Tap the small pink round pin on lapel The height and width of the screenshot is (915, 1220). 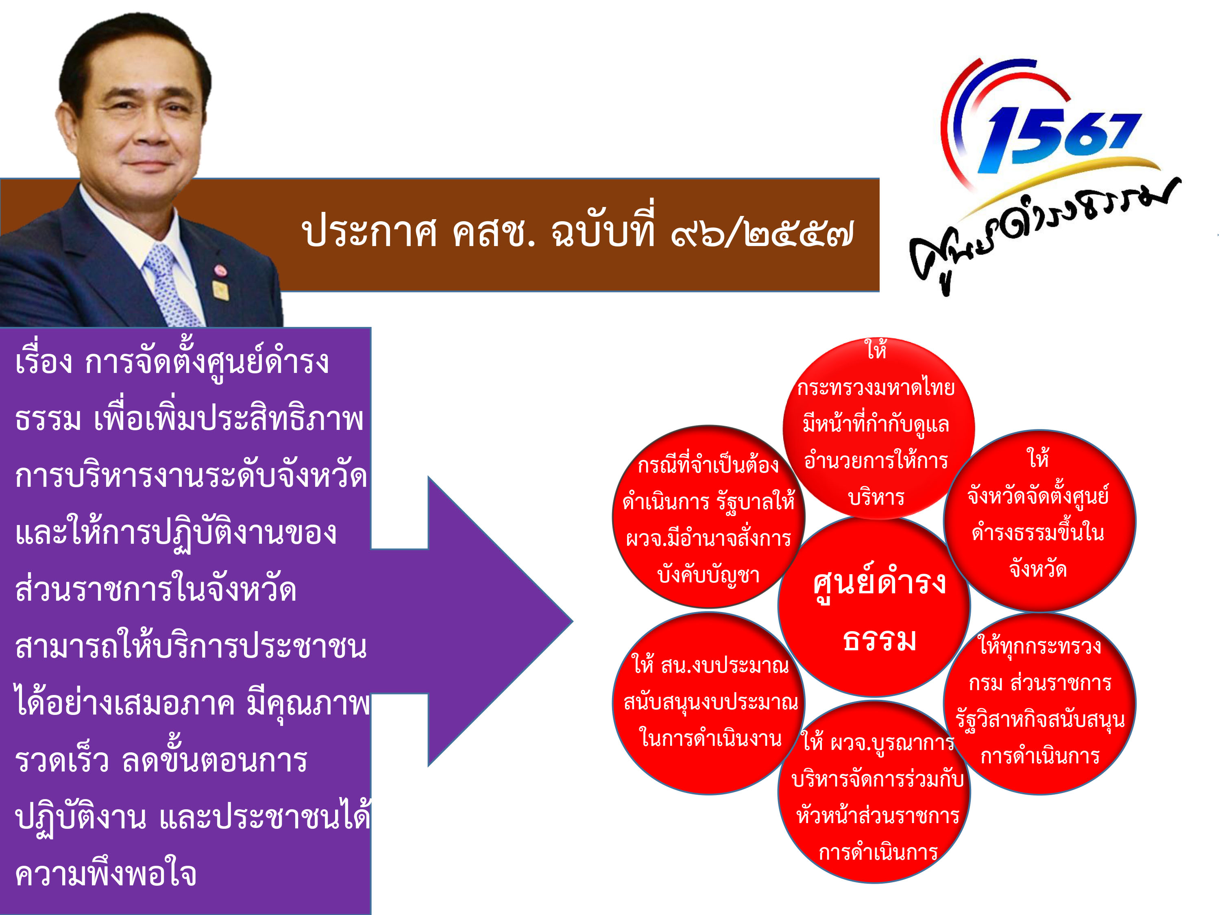[x=220, y=270]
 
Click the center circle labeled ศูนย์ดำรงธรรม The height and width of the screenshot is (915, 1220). [x=874, y=607]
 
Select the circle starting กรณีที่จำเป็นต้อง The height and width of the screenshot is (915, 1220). [x=709, y=517]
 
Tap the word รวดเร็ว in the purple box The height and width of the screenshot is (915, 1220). [x=62, y=760]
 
